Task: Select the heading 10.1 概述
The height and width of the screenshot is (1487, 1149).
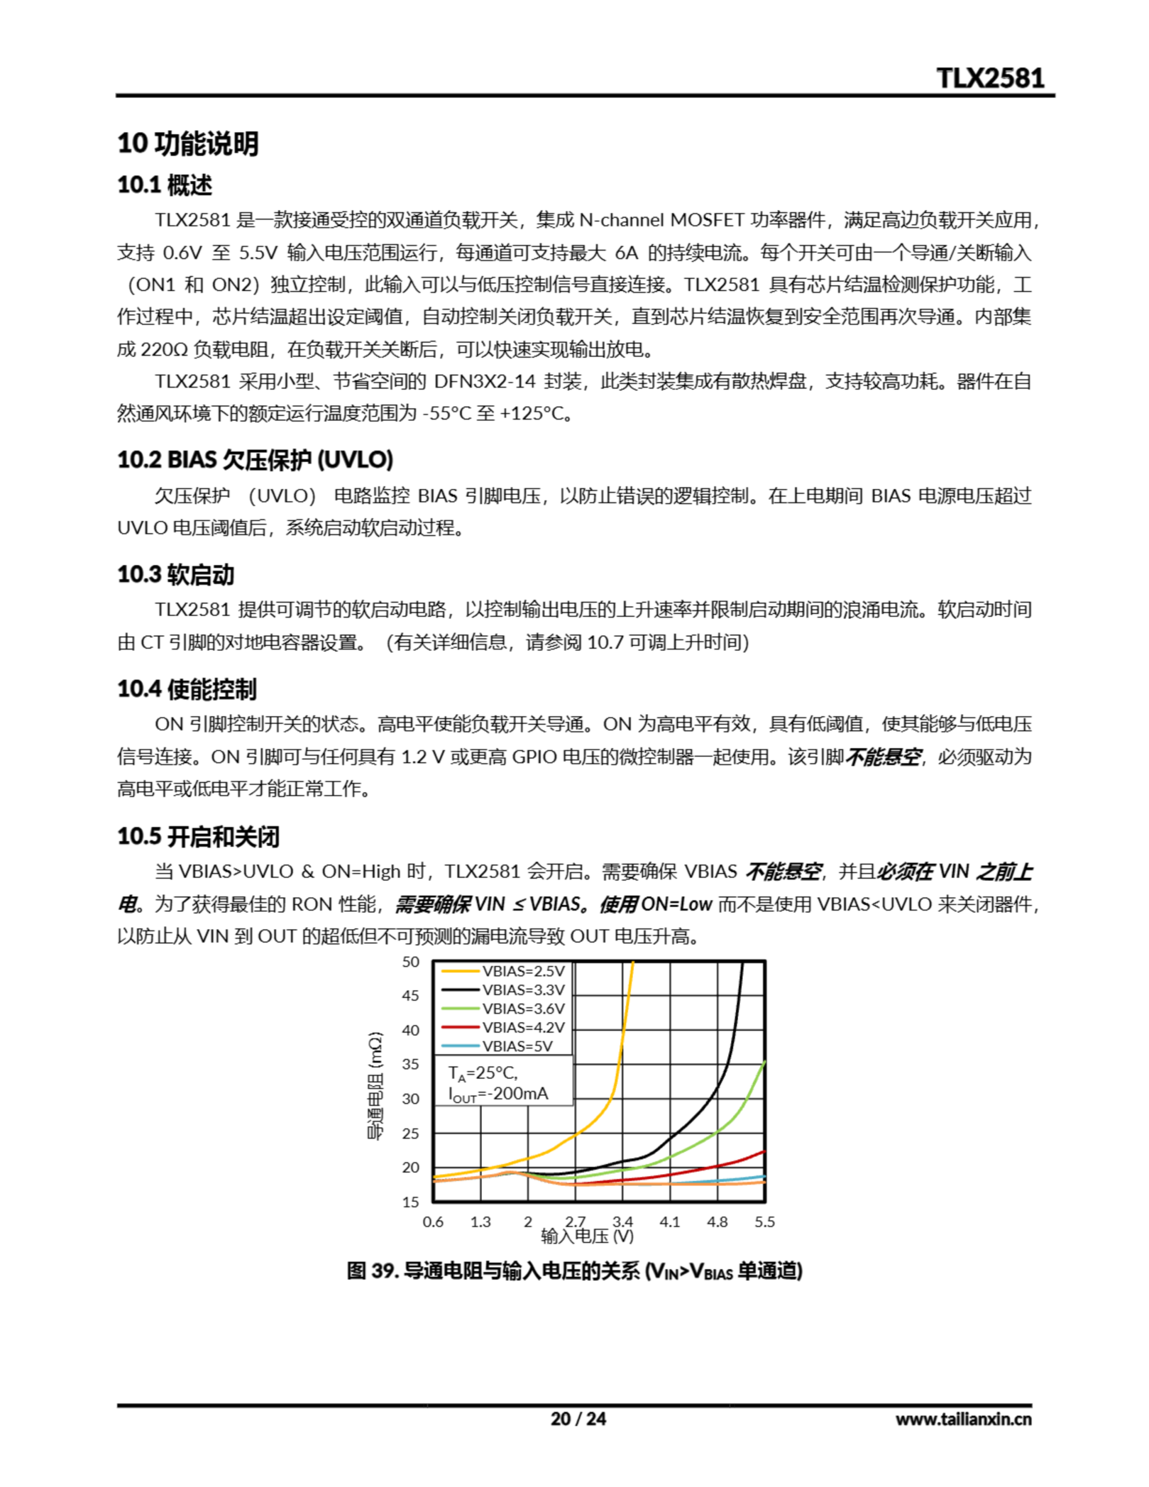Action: click(x=165, y=185)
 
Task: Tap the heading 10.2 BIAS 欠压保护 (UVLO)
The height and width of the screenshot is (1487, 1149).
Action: click(x=256, y=459)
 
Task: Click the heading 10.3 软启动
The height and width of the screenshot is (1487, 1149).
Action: click(x=176, y=574)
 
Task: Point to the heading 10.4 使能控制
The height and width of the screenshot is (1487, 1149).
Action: click(x=187, y=688)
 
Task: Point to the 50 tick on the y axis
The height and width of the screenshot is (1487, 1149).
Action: click(x=411, y=962)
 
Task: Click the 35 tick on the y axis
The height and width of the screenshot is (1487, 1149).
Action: click(x=411, y=1064)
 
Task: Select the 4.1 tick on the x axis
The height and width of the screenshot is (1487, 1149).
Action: click(x=670, y=1222)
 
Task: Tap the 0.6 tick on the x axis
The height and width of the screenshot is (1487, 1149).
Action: click(x=433, y=1222)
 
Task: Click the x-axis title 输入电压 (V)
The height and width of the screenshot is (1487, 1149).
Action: click(x=587, y=1235)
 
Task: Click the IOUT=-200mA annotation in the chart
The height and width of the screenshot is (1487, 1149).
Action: click(x=498, y=1094)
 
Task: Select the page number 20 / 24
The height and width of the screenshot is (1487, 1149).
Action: click(x=577, y=1419)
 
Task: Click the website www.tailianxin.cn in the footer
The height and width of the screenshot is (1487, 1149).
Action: click(x=963, y=1419)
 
